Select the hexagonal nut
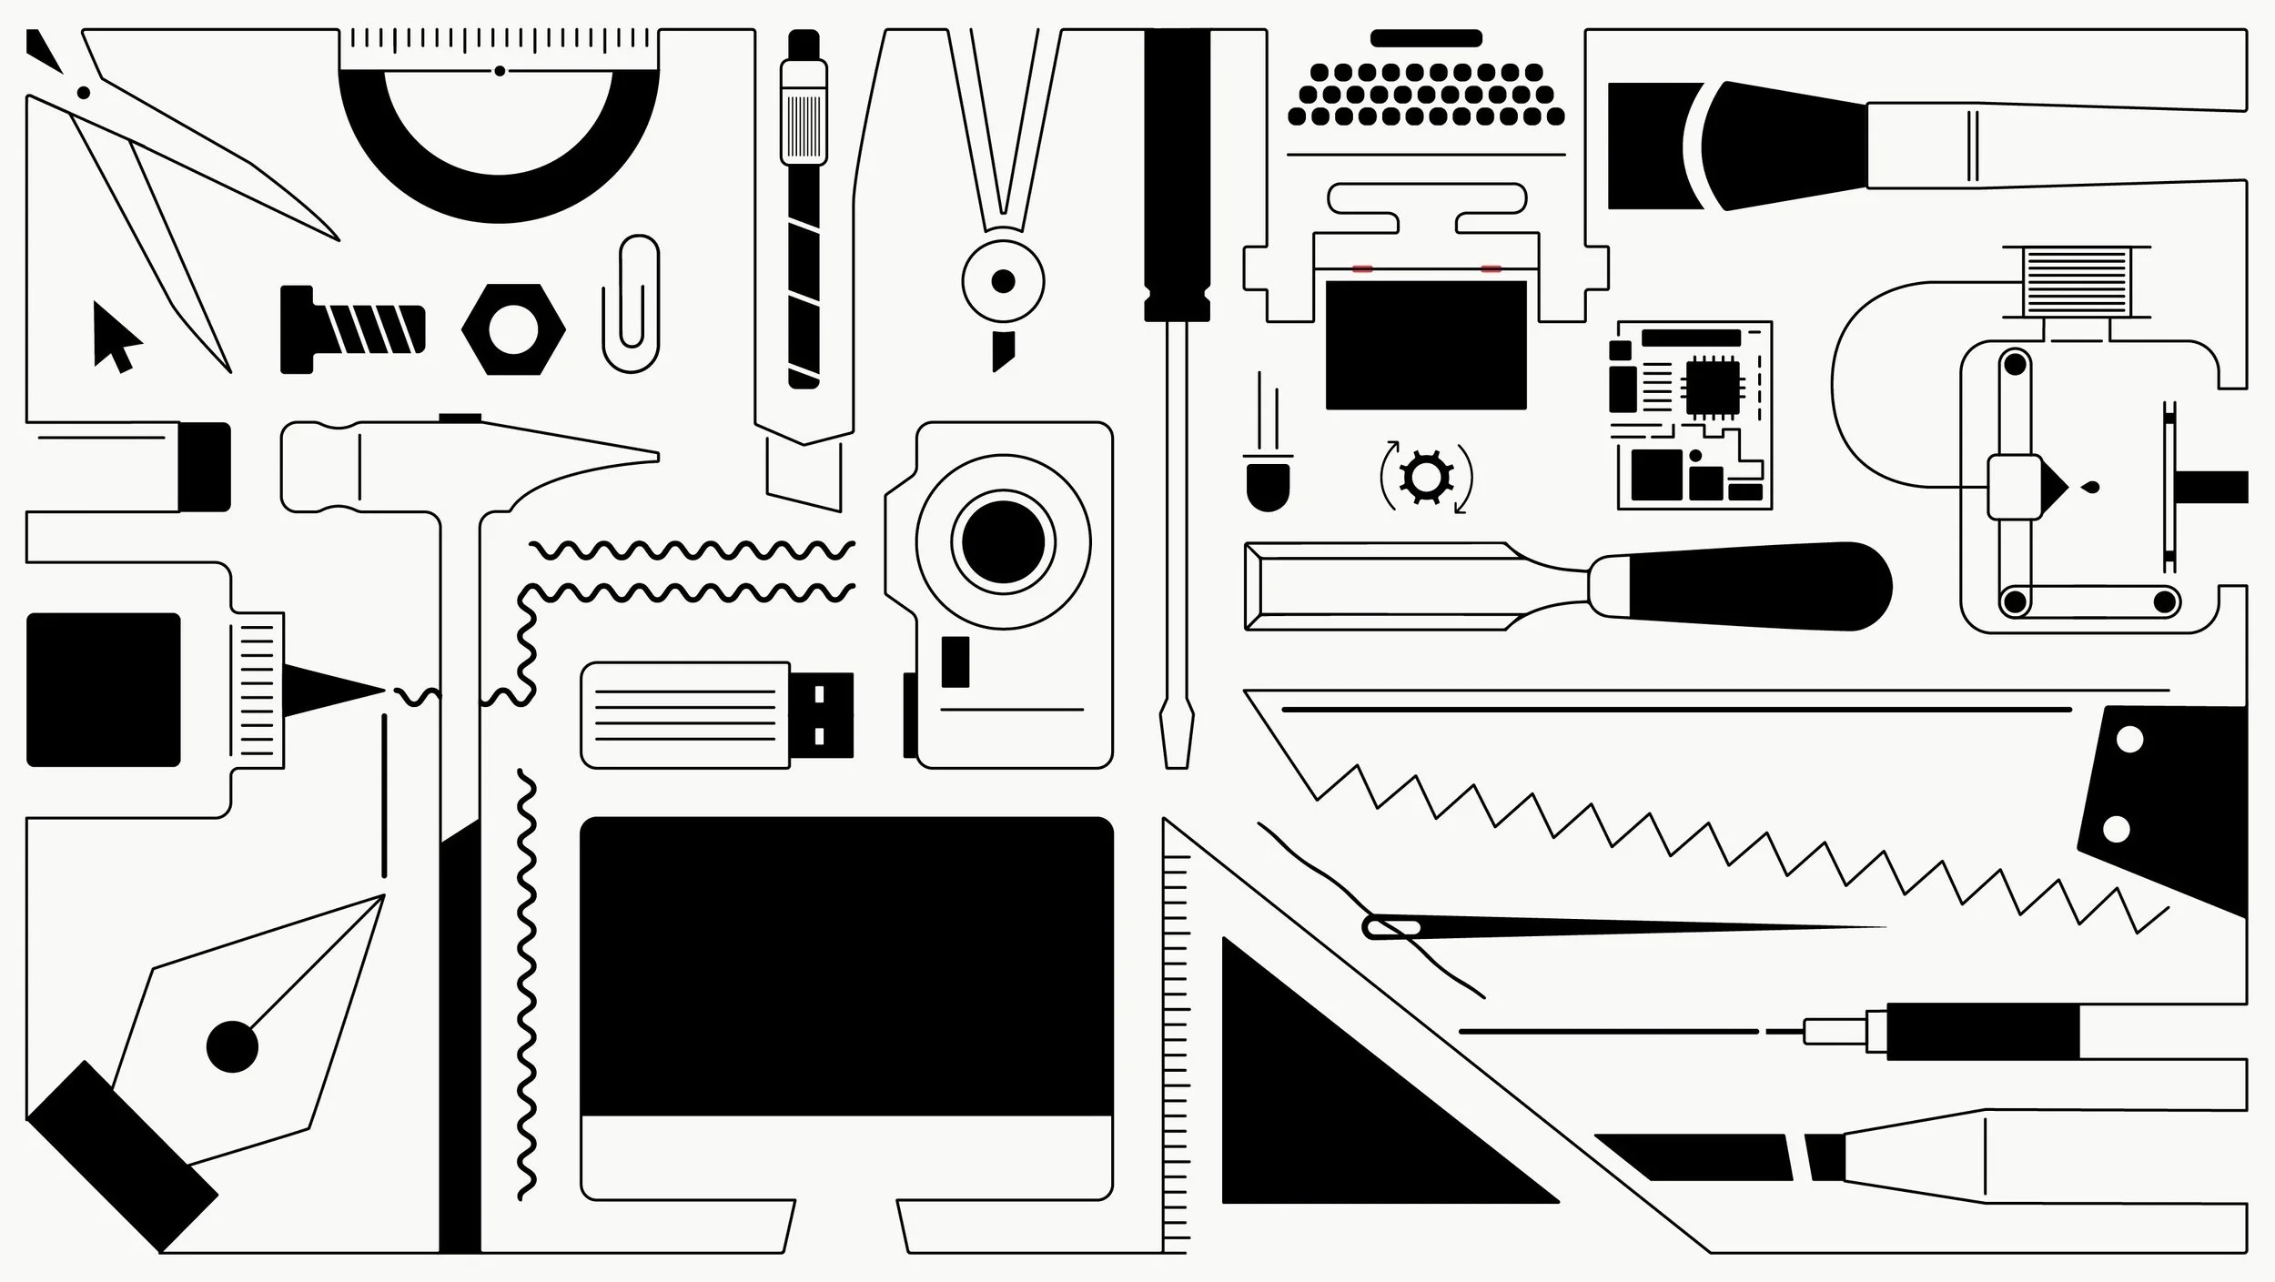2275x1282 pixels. click(x=513, y=328)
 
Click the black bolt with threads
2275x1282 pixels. click(x=350, y=328)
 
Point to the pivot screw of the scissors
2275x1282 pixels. click(x=84, y=92)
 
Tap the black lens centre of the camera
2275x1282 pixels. click(x=1003, y=542)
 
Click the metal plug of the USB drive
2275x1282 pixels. click(x=822, y=715)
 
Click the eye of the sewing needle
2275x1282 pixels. click(x=1392, y=927)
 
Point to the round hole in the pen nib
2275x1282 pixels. click(x=232, y=1046)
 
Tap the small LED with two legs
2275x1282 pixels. click(x=1268, y=487)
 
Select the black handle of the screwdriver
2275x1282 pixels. click(x=1177, y=173)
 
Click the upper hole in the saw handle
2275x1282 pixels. click(x=2129, y=740)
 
